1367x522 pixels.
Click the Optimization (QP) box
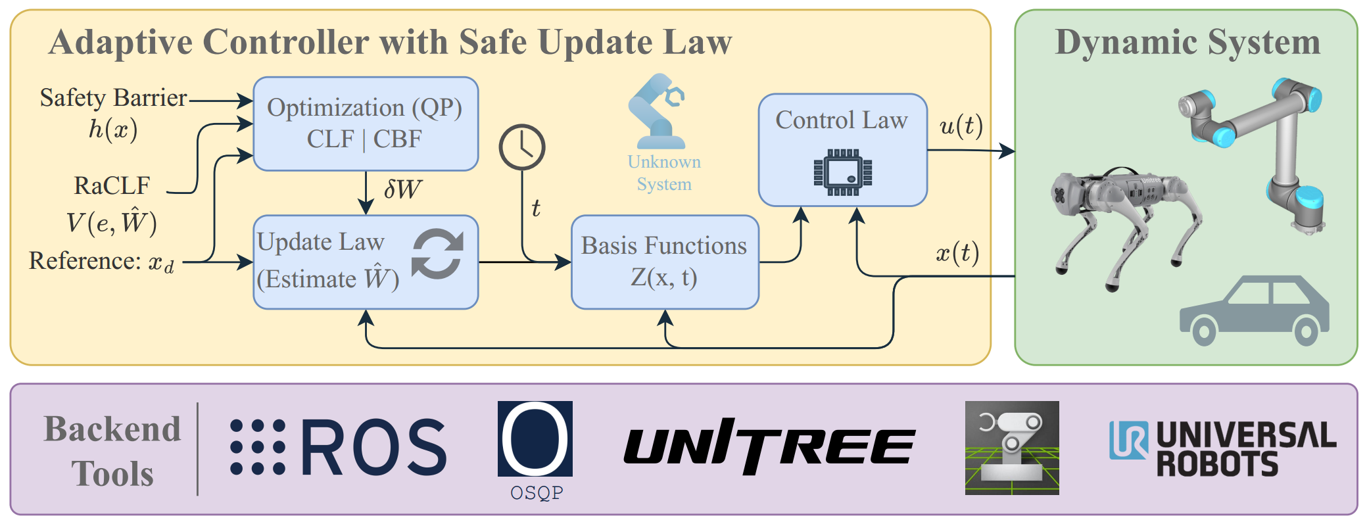(366, 124)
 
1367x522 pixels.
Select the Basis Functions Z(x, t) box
(664, 262)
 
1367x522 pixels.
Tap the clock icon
(522, 147)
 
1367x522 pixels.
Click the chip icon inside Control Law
(842, 172)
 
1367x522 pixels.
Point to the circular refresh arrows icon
(437, 254)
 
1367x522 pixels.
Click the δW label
(402, 190)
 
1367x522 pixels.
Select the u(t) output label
(961, 125)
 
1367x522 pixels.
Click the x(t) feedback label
(957, 252)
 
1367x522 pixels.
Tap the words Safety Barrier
(113, 98)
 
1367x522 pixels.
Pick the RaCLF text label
(112, 186)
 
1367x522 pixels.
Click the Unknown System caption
(663, 173)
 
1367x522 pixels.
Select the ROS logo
(339, 447)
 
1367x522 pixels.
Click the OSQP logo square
(535, 439)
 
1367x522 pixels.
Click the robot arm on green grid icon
(1011, 447)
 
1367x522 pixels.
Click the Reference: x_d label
(102, 262)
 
